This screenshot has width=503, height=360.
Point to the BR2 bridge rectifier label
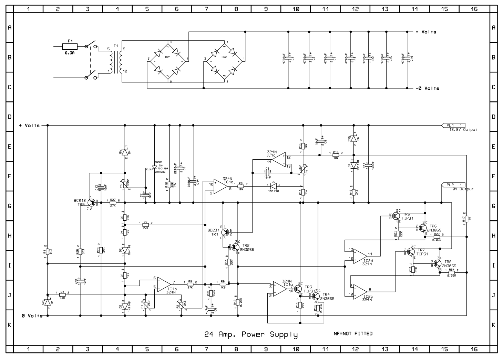[224, 57]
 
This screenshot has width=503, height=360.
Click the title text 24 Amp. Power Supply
[251, 334]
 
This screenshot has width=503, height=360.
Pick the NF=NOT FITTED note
[353, 334]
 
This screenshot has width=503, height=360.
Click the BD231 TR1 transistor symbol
[225, 232]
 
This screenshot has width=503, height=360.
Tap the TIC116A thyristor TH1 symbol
[154, 167]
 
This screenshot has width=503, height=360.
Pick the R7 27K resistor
[145, 225]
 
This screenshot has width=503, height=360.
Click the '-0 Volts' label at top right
[427, 88]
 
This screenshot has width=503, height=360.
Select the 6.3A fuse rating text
[70, 53]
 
